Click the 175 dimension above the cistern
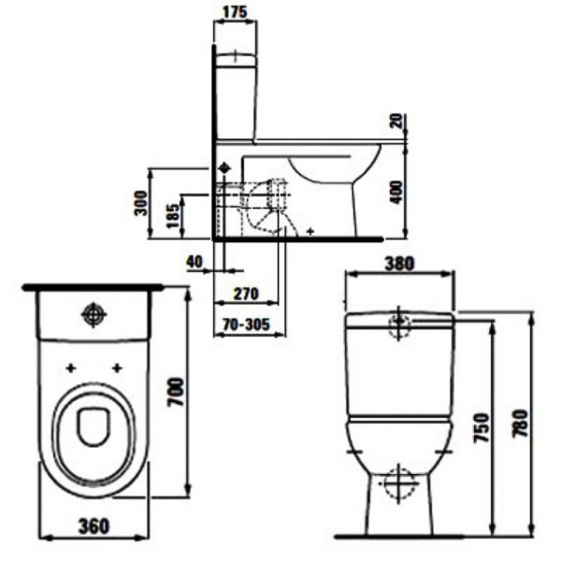(x=235, y=12)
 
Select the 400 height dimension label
(x=396, y=193)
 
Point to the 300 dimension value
(x=141, y=203)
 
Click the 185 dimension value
(x=173, y=215)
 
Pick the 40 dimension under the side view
(x=194, y=261)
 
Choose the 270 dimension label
(x=245, y=294)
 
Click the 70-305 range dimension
(x=245, y=324)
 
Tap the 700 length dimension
(x=177, y=392)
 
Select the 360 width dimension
(x=93, y=525)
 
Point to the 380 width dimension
(x=399, y=264)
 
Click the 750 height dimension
(x=482, y=427)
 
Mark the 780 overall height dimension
(x=521, y=424)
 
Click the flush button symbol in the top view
(x=94, y=314)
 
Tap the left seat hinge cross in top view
(x=71, y=367)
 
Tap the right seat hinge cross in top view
(x=117, y=367)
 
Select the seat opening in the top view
(x=93, y=426)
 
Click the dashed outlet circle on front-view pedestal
(x=398, y=483)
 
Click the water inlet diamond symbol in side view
(x=224, y=167)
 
